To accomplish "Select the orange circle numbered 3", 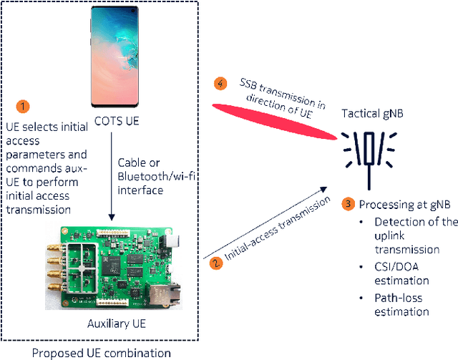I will pos(349,204).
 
